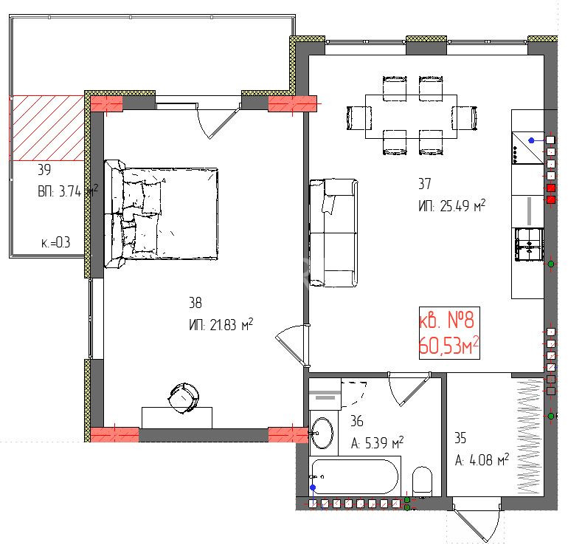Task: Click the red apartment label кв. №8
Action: click(446, 321)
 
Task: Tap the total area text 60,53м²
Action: click(448, 346)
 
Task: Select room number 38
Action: click(195, 303)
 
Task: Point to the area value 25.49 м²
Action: click(463, 205)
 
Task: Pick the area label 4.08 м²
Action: click(489, 460)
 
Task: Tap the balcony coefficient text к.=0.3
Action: click(56, 243)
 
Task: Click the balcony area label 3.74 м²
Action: click(78, 191)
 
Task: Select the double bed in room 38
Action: click(162, 214)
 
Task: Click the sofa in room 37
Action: click(333, 233)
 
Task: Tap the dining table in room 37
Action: click(411, 117)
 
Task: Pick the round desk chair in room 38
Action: click(184, 398)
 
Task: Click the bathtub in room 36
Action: click(354, 477)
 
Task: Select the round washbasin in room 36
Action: click(322, 433)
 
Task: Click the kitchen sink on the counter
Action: click(529, 244)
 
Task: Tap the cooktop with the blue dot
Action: click(527, 148)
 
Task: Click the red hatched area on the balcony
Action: click(46, 128)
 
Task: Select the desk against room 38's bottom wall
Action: click(177, 417)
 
